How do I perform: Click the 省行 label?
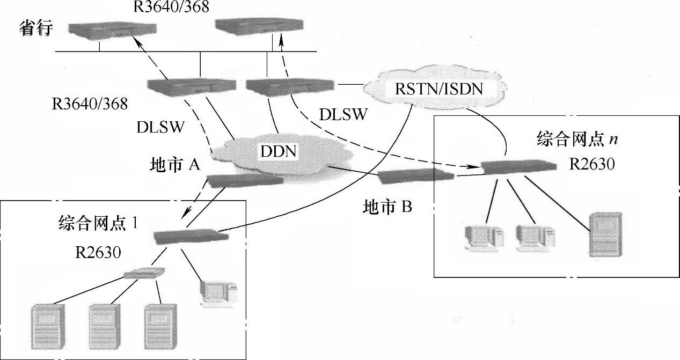(36, 27)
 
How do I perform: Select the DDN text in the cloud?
(279, 151)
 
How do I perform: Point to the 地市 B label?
(387, 207)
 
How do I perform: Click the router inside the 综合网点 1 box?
(186, 236)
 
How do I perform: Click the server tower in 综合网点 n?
(605, 235)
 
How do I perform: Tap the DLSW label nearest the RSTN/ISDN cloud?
(343, 114)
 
